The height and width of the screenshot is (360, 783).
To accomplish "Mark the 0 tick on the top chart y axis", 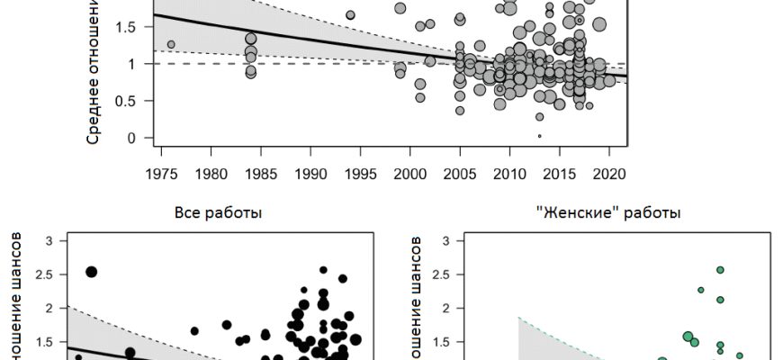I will pos(130,138).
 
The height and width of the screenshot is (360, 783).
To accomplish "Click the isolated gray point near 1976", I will pos(171,44).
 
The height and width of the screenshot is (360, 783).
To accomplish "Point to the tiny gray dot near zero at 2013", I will pos(539,136).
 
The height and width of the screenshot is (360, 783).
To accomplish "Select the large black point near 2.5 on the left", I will pos(91,272).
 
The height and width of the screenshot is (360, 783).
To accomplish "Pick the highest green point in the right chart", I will pos(720,269).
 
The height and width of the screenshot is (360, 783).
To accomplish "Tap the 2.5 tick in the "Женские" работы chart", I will pos(444,274).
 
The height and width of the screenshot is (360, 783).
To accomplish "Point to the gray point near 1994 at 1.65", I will pos(350,14).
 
